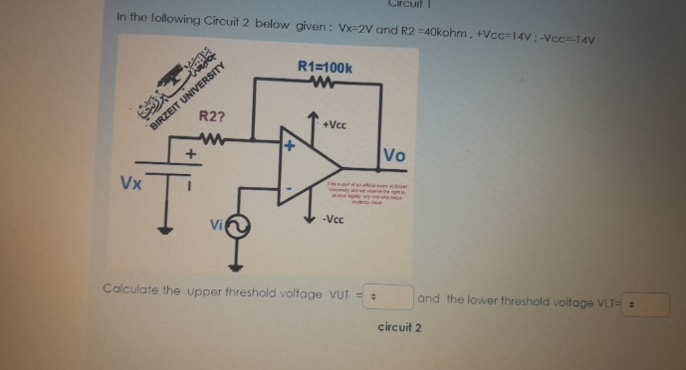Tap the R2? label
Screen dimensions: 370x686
click(212, 117)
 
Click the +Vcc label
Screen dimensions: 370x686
click(335, 126)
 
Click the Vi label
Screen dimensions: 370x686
click(216, 226)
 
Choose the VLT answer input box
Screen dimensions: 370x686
click(646, 302)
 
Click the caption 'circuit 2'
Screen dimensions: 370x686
click(400, 326)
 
